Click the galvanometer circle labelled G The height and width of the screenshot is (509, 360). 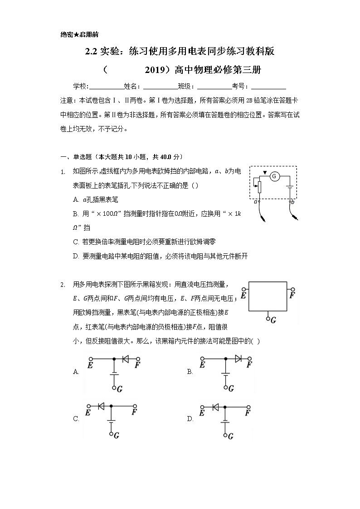coord(274,176)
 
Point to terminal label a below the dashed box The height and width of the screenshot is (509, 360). coord(256,202)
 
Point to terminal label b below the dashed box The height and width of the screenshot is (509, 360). coord(292,202)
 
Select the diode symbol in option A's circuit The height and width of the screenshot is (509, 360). coord(126,358)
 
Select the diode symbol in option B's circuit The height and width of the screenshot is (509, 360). coord(238,358)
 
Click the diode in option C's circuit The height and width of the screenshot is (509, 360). coord(102,406)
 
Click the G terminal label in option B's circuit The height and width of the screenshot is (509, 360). coord(231,388)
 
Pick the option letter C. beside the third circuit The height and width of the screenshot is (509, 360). coord(76,419)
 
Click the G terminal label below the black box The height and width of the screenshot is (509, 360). coord(273,320)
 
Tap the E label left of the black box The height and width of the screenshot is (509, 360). coord(243,296)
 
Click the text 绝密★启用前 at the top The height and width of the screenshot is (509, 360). coord(79,34)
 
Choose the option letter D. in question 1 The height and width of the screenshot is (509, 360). coord(76,256)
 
